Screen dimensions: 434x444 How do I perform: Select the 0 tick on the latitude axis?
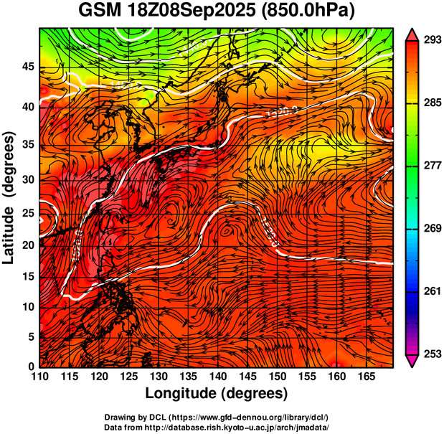point(32,367)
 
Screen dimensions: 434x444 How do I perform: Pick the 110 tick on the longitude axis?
point(39,376)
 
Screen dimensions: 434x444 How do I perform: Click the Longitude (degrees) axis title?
point(217,393)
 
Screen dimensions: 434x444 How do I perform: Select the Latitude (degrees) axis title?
point(10,198)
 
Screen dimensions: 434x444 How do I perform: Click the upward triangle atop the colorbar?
point(412,33)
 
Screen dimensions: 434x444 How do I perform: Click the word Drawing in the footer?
point(121,417)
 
